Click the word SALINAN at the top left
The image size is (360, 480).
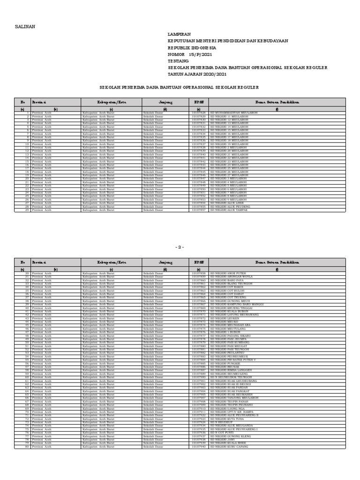25,27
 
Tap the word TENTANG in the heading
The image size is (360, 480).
178,61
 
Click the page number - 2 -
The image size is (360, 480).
180,247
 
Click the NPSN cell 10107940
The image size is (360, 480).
199,447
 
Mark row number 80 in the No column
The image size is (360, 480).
27,447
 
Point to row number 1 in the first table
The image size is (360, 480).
28,113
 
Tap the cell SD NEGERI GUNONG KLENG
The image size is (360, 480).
231,436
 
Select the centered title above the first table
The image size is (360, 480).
180,87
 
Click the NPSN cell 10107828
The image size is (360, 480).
199,113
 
